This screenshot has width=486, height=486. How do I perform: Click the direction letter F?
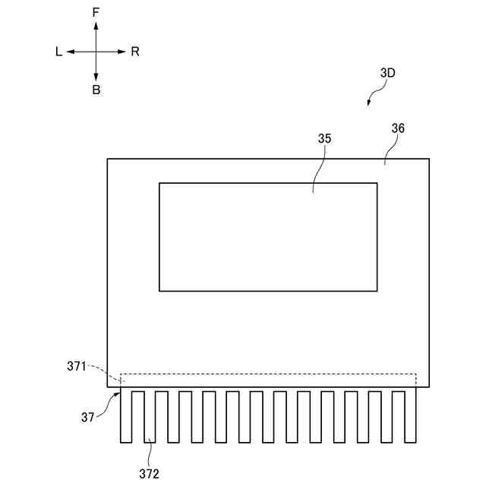(96, 13)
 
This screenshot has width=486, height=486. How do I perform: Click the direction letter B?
(96, 90)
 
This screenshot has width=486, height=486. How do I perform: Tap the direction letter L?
(58, 52)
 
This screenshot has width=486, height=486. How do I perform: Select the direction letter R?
(134, 52)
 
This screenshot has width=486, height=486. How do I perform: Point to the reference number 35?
(324, 139)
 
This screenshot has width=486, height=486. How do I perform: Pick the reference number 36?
(398, 128)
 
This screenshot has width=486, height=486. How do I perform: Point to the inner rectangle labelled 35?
(267, 237)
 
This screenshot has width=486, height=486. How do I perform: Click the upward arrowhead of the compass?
(96, 26)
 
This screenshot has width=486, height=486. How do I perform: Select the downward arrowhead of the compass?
(96, 77)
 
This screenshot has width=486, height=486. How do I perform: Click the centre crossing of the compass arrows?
(96, 52)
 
